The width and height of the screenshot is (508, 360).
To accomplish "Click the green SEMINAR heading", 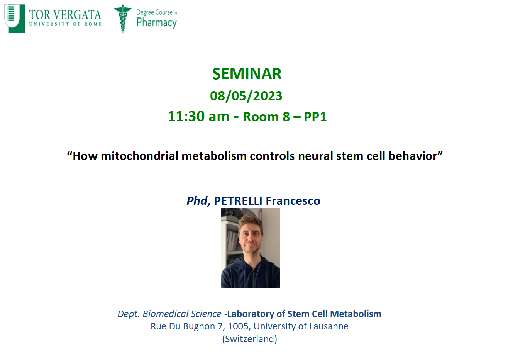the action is pos(247,74).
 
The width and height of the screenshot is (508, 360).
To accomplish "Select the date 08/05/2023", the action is pos(246,96).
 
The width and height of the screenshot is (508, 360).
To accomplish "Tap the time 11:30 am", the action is pos(198,116).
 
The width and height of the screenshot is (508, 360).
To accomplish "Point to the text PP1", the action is pos(315,117).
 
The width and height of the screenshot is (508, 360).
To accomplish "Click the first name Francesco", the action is pos(293,200).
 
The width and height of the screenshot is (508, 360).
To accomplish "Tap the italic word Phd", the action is pos(197,200).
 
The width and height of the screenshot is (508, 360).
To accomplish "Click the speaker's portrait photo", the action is pos(251,248).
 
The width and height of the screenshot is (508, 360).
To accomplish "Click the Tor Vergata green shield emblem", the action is pos(15,19).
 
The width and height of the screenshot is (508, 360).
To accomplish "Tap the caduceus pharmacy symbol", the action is pos(123,19).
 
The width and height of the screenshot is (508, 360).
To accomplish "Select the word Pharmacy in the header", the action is pos(156,23).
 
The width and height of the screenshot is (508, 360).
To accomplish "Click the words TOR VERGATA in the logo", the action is pos(65,15).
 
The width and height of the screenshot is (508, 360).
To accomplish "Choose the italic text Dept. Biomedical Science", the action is pos(169,314).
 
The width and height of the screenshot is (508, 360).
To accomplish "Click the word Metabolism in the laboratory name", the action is pos(356,314).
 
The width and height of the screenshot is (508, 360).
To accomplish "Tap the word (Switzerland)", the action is pos(249,339).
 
